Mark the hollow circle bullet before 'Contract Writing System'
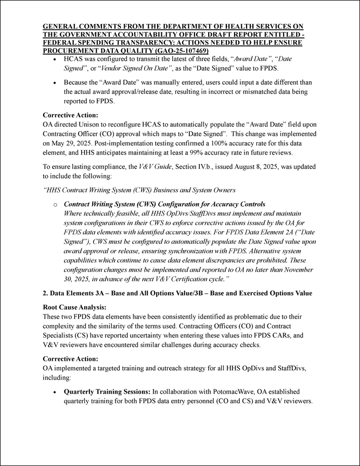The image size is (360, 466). coord(56,205)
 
